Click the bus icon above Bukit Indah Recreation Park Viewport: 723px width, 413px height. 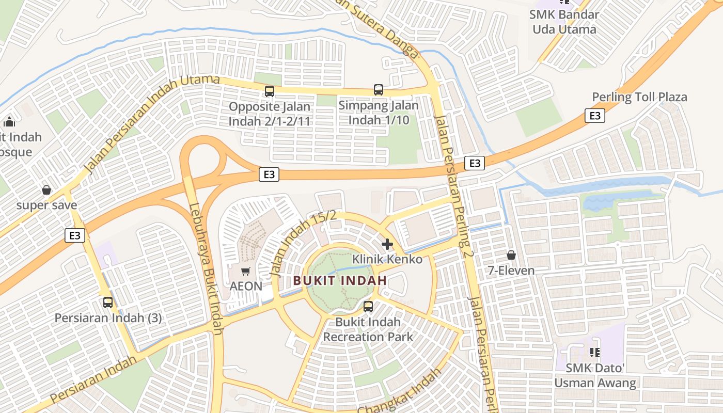pos(368,307)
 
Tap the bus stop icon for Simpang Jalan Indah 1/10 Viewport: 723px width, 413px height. pos(379,90)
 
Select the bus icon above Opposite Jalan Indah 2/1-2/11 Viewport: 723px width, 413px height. pos(270,91)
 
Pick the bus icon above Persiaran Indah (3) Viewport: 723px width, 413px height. pos(108,303)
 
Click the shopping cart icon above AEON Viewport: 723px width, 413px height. pos(246,271)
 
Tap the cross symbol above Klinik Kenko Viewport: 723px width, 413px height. pos(387,244)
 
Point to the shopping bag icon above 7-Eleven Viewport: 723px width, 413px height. pos(511,255)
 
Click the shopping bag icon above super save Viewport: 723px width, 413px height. pos(46,190)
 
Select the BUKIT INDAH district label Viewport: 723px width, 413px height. pos(340,281)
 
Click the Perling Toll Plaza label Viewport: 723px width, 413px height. pos(639,97)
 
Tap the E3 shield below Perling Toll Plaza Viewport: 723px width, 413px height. pos(595,115)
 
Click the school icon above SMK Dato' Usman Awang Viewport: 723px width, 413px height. pos(594,353)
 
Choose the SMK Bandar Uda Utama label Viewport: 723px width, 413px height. pos(564,22)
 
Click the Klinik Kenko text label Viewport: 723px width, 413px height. pos(387,259)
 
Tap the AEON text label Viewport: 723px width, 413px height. pos(246,286)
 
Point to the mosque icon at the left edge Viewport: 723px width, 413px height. pos(9,122)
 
